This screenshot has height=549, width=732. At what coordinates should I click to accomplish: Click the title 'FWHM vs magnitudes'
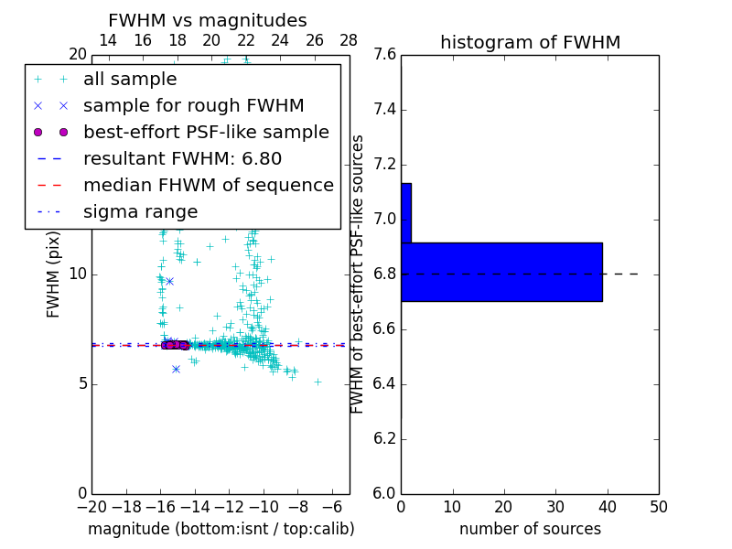[x=208, y=20]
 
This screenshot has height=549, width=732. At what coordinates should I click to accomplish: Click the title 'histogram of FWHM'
[x=530, y=42]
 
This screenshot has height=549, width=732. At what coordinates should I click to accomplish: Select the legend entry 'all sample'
[x=130, y=80]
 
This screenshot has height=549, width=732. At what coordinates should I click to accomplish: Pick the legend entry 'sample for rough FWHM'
[x=193, y=105]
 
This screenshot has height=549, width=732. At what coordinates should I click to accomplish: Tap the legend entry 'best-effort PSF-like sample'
[x=206, y=132]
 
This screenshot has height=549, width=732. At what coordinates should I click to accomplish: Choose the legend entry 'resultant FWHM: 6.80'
[x=182, y=158]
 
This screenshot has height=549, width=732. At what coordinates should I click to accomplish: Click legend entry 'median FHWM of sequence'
[x=208, y=185]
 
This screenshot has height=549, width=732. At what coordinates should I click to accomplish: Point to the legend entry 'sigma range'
[x=140, y=211]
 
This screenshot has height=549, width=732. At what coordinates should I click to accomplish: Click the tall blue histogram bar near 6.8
[x=501, y=272]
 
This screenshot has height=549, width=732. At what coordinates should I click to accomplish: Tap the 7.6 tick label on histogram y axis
[x=384, y=55]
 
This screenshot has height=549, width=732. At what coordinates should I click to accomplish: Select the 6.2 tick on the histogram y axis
[x=384, y=438]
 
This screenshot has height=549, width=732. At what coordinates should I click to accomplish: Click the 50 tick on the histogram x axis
[x=658, y=507]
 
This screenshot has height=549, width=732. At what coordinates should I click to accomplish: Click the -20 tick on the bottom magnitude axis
[x=91, y=507]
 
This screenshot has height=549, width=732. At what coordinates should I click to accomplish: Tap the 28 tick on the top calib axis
[x=349, y=40]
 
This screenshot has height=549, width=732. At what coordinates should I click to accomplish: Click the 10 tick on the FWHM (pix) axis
[x=77, y=274]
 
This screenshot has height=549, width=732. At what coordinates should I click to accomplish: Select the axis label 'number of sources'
[x=530, y=529]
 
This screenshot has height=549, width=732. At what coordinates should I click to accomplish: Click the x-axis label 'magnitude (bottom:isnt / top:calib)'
[x=221, y=529]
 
